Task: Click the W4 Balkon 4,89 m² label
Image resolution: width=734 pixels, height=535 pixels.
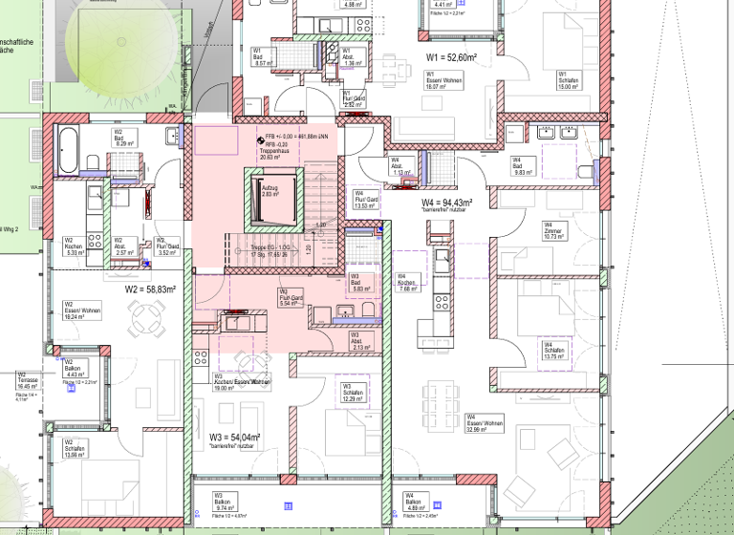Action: [416, 504]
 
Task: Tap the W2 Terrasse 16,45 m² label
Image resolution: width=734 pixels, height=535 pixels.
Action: [27, 382]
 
